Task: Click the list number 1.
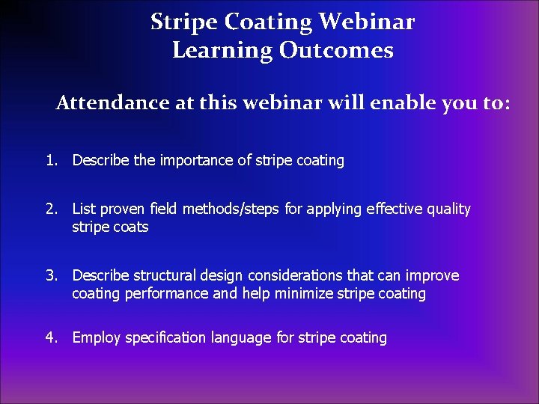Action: click(x=50, y=160)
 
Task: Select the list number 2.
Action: click(x=50, y=209)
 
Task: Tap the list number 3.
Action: click(x=50, y=276)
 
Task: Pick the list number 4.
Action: click(x=50, y=338)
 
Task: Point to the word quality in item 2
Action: click(x=447, y=209)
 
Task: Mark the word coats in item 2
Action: click(x=131, y=227)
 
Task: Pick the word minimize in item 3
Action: click(x=304, y=294)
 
